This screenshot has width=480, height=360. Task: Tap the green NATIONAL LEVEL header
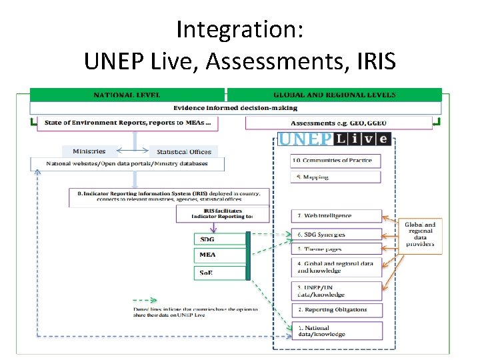point(127,95)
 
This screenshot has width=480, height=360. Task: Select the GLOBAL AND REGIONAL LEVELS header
point(334,95)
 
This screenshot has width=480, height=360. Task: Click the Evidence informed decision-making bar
point(235,108)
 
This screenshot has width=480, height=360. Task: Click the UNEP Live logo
point(333,139)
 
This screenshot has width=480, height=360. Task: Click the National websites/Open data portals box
point(127,164)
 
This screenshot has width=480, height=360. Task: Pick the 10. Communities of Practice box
point(335,161)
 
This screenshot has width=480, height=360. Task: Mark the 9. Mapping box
point(335,177)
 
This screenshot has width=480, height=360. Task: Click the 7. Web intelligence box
point(335,216)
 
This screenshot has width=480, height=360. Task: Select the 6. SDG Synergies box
point(335,234)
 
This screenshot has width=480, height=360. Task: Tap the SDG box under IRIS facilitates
point(221,239)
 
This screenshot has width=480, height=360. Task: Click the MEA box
point(221,255)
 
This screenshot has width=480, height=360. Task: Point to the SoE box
point(221,272)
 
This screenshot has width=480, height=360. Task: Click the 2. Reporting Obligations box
point(335,311)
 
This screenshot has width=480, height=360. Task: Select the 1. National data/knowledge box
point(335,330)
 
